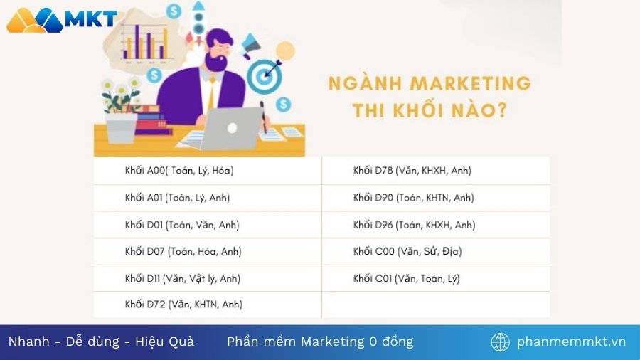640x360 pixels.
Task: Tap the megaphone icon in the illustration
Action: (252, 46)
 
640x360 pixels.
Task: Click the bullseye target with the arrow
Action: (265, 73)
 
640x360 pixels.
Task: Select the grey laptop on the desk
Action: (232, 129)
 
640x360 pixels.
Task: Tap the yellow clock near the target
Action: (285, 51)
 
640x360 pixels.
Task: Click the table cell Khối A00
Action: (179, 171)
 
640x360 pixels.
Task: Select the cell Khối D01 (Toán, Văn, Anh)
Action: (182, 225)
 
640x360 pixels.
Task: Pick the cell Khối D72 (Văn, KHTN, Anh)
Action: (183, 305)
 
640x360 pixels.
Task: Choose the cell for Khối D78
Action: (412, 171)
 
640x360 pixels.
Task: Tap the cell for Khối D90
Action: (414, 198)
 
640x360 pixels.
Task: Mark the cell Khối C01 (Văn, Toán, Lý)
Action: (407, 278)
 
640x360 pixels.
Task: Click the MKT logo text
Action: (90, 19)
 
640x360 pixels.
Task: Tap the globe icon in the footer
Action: (501, 342)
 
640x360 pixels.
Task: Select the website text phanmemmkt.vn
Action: (572, 342)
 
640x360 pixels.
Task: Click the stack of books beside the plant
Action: (154, 120)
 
